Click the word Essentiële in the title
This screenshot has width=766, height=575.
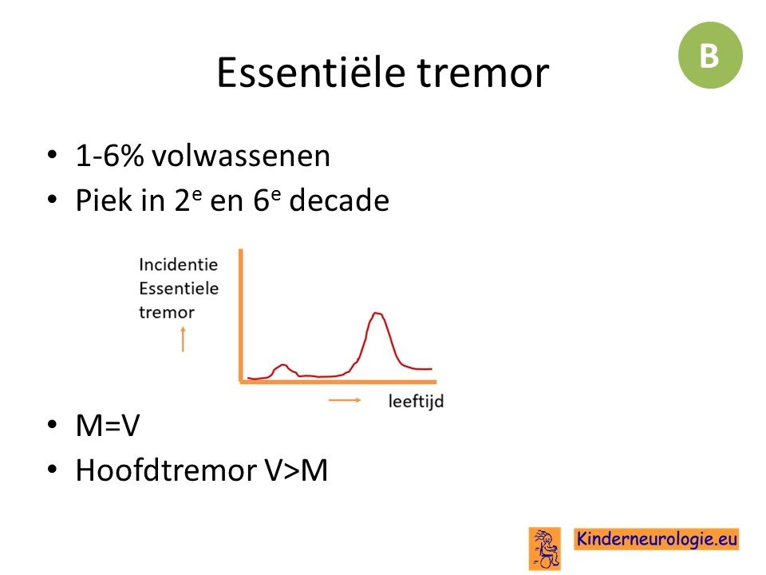(x=310, y=73)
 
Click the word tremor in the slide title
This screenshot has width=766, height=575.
(x=484, y=73)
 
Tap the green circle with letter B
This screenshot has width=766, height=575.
(x=710, y=55)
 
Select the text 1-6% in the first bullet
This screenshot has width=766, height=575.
(x=109, y=156)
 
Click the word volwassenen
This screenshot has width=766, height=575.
(x=241, y=156)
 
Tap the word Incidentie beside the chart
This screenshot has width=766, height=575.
(x=178, y=264)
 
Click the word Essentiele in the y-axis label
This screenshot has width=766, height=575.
(x=179, y=288)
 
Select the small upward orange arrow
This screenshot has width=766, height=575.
(x=184, y=339)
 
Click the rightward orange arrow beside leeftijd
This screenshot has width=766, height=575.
(x=345, y=400)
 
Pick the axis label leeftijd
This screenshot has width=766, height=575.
(x=417, y=401)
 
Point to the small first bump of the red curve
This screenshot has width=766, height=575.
(x=282, y=365)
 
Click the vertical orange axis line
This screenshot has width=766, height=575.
(x=240, y=315)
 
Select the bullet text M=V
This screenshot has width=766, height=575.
(x=108, y=425)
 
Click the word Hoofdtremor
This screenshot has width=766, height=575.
(x=167, y=470)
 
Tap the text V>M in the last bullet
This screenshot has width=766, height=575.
(x=297, y=470)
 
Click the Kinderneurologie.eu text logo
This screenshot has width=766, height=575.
(x=657, y=539)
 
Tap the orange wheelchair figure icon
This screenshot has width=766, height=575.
(x=545, y=549)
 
